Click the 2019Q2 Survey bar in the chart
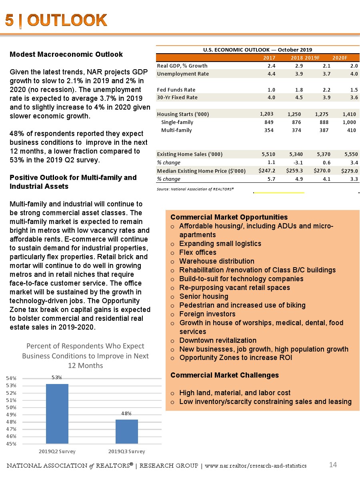click(x=57, y=414)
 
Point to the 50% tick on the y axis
click(x=11, y=407)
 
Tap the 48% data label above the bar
click(x=127, y=414)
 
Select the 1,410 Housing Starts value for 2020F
click(x=349, y=114)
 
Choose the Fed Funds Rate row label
click(x=176, y=90)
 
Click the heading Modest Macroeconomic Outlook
click(x=66, y=54)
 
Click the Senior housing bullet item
click(x=204, y=296)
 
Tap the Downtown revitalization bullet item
click(x=218, y=340)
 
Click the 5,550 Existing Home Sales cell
click(x=349, y=154)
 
